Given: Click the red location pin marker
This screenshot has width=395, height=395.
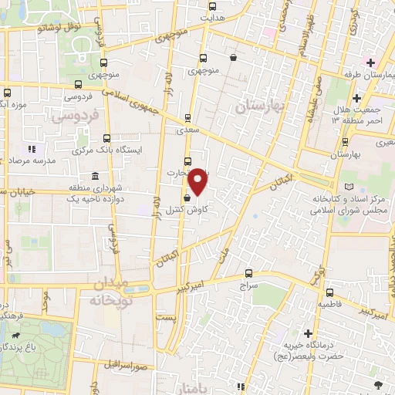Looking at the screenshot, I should (x=198, y=181).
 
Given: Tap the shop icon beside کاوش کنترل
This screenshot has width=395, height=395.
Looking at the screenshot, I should (x=187, y=197).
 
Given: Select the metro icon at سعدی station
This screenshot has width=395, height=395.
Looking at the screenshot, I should (x=187, y=119).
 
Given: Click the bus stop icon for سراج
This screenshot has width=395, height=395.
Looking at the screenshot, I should (x=248, y=273).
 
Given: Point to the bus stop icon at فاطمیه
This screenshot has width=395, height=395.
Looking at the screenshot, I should (x=329, y=293).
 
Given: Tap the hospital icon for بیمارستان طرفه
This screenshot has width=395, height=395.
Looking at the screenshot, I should (x=371, y=62).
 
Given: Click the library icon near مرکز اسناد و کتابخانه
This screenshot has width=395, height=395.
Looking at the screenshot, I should (x=351, y=187).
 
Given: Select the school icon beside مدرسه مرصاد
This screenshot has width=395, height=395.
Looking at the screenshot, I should (x=32, y=148).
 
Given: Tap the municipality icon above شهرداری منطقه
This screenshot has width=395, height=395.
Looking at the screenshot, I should (x=94, y=177).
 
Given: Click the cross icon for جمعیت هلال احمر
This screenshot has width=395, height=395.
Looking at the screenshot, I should (x=356, y=98).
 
